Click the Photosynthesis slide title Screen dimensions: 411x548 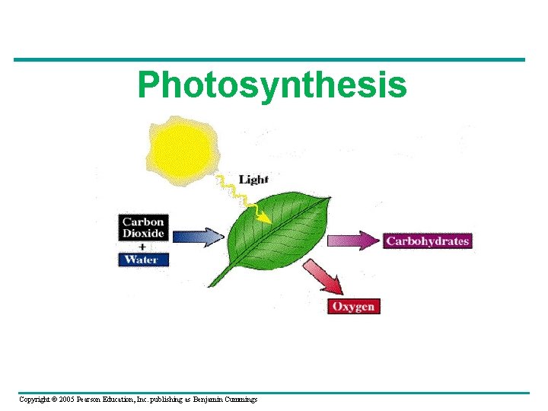coord(272,85)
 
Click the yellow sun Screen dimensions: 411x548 coord(179,147)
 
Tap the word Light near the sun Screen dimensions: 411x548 coord(253,180)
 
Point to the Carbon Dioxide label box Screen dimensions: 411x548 coord(143,228)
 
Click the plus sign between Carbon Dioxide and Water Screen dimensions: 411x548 coord(143,247)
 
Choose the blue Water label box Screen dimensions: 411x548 coord(143,260)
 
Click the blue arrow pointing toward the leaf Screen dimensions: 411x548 coord(198,236)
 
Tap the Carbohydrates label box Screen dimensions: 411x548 coord(427,241)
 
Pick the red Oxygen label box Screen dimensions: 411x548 coord(354,306)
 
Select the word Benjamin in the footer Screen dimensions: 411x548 coord(206,400)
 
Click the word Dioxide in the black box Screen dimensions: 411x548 coord(143,234)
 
